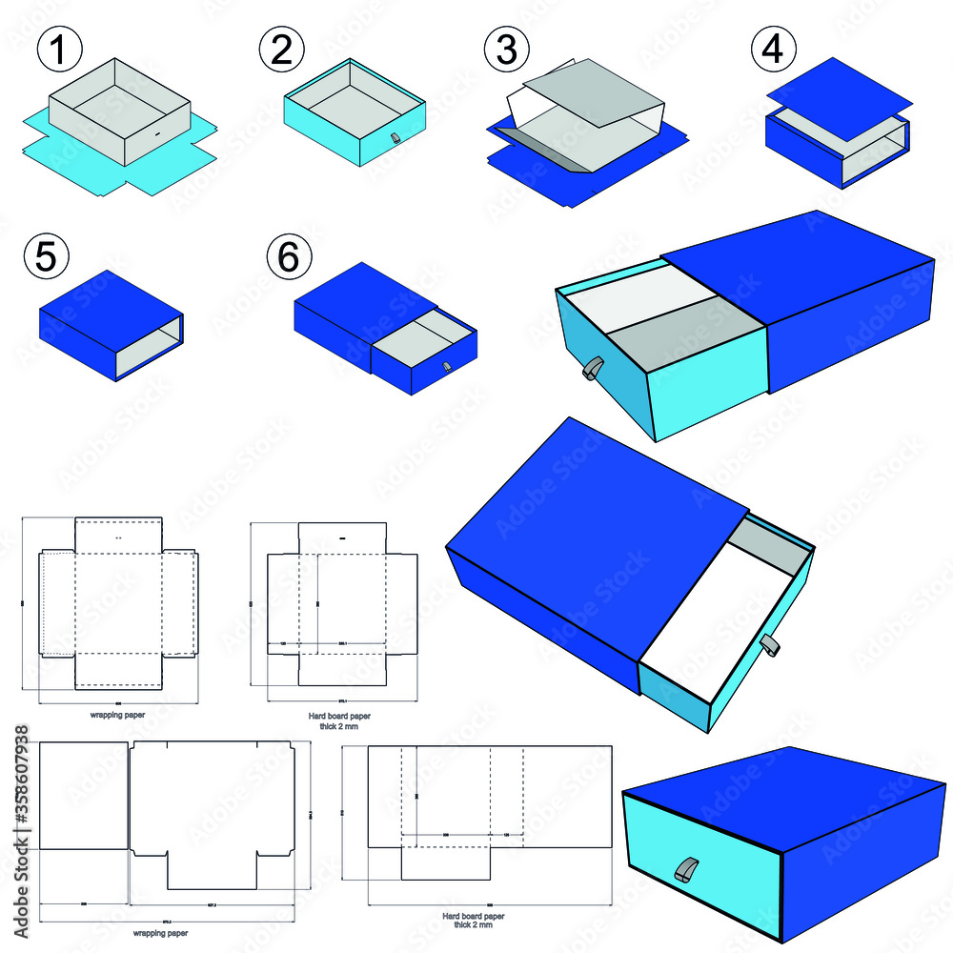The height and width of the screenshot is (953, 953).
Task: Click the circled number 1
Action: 59,49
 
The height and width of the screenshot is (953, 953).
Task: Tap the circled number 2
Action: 281,49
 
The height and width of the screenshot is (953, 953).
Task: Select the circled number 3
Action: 506,49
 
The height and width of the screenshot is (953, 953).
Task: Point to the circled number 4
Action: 773,49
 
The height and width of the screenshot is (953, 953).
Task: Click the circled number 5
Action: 49,258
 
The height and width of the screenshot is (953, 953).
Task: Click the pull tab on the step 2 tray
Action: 395,139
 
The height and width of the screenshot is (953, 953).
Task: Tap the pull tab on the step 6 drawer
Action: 448,367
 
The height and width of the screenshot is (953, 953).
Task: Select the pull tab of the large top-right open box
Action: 592,369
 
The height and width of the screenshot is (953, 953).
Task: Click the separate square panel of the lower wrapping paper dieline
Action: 84,795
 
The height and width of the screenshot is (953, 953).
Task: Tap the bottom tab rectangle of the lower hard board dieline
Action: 446,862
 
